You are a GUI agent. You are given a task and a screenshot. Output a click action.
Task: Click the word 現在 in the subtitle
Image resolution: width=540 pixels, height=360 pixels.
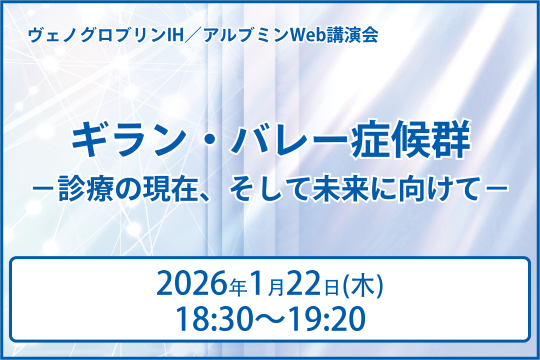195,185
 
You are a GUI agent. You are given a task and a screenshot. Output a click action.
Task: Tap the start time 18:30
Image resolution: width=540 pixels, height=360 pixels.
210,319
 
